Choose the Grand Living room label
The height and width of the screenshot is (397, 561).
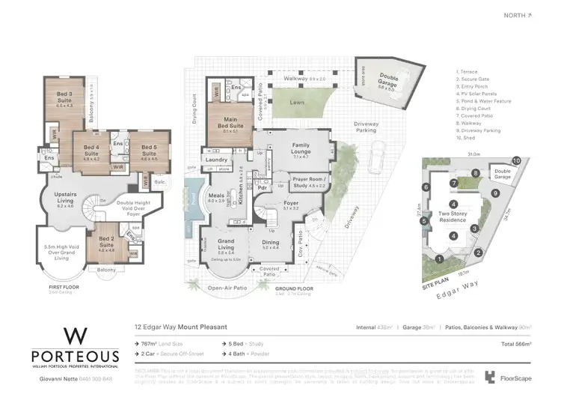pyautogui.click(x=226, y=244)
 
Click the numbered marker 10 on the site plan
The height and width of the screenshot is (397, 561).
pyautogui.click(x=515, y=161)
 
